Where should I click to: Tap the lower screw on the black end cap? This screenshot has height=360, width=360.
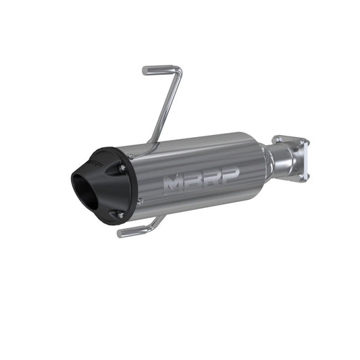pos(121,215)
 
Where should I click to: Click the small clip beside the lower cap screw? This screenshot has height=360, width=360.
pos(138,201)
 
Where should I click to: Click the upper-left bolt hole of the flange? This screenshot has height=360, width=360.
pos(278,140)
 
